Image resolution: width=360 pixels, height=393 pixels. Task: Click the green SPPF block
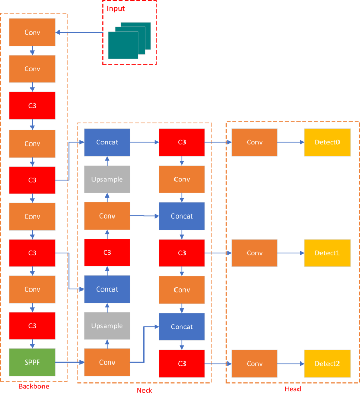pyautogui.click(x=32, y=363)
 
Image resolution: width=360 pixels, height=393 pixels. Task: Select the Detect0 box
pyautogui.click(x=327, y=142)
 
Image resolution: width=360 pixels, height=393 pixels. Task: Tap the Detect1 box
pyautogui.click(x=327, y=253)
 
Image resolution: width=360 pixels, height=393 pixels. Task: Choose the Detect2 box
pyautogui.click(x=327, y=363)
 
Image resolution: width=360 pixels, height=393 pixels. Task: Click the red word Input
pyautogui.click(x=116, y=8)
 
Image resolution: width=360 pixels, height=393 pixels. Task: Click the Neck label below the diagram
pyautogui.click(x=145, y=390)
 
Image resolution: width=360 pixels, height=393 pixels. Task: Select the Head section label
pyautogui.click(x=293, y=389)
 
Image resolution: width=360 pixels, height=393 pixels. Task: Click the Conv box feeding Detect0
pyautogui.click(x=254, y=142)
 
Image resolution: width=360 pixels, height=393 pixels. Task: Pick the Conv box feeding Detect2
pyautogui.click(x=254, y=363)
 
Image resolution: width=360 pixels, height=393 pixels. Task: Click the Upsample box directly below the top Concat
pyautogui.click(x=107, y=179)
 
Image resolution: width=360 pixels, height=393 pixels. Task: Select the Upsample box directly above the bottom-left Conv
pyautogui.click(x=107, y=326)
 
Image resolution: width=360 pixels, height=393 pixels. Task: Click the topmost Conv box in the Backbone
pyautogui.click(x=32, y=32)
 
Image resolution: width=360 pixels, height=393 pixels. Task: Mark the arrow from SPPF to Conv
pyautogui.click(x=69, y=363)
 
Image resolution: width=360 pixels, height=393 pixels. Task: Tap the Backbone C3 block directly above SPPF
pyautogui.click(x=32, y=326)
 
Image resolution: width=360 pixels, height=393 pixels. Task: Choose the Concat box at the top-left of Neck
pyautogui.click(x=107, y=142)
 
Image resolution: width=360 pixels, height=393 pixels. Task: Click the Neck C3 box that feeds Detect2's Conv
pyautogui.click(x=182, y=363)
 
